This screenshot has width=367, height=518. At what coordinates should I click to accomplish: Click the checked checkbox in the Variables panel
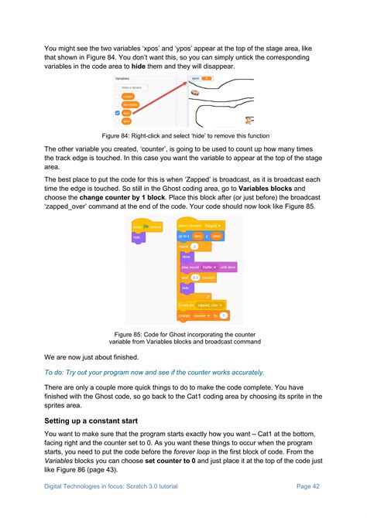[118, 113]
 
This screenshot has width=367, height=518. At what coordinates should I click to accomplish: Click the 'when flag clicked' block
[146, 227]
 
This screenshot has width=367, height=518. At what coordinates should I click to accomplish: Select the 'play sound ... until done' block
[208, 267]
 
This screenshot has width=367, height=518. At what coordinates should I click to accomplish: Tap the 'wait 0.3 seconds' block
[199, 277]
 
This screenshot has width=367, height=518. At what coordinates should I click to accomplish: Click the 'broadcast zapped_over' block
[201, 305]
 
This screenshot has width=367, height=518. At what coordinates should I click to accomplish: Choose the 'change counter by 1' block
[202, 315]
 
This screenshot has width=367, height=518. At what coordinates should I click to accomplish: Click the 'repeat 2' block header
[186, 247]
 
